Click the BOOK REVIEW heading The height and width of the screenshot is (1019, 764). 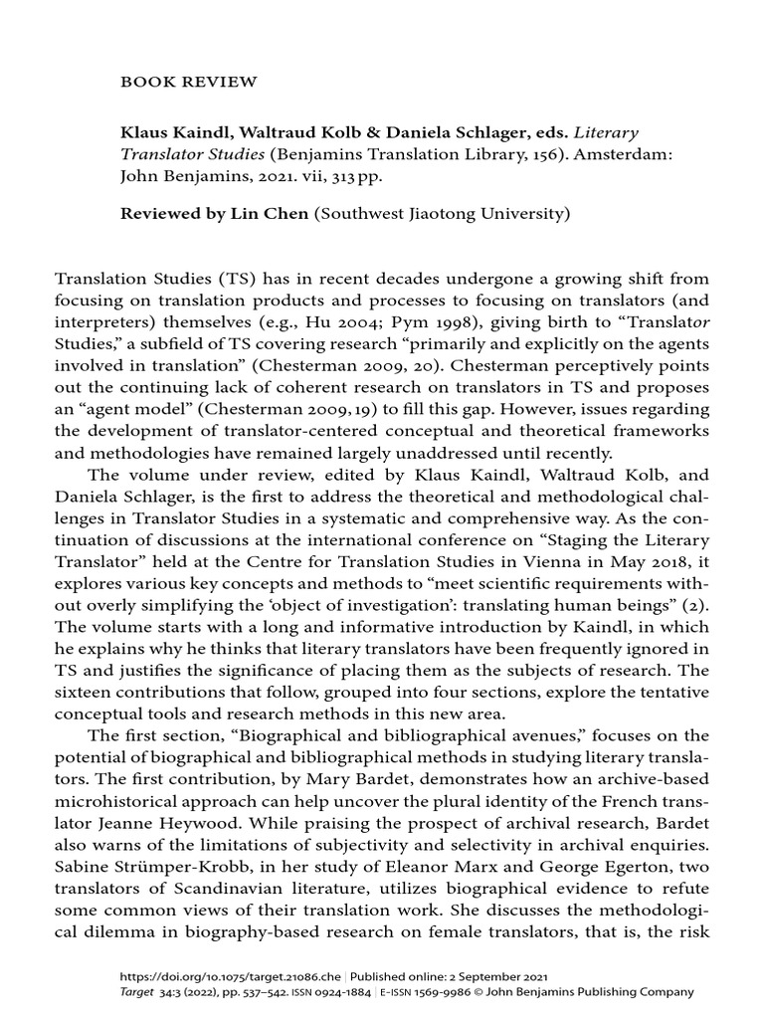[175, 83]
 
